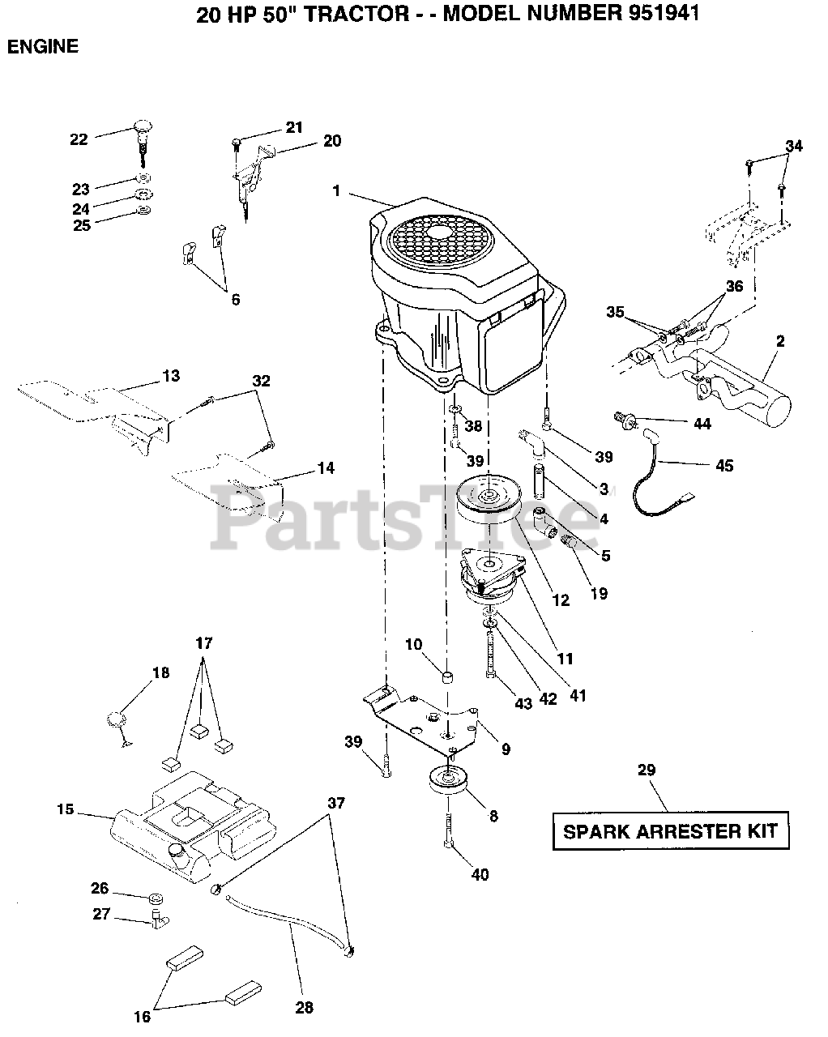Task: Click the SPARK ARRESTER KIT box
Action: click(x=670, y=830)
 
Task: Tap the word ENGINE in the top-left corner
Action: click(x=43, y=47)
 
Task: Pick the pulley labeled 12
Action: click(x=489, y=502)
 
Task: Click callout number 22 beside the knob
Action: click(x=79, y=139)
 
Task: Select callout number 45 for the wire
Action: click(x=723, y=465)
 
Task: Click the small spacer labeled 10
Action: click(x=448, y=676)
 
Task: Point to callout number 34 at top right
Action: click(x=794, y=146)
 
